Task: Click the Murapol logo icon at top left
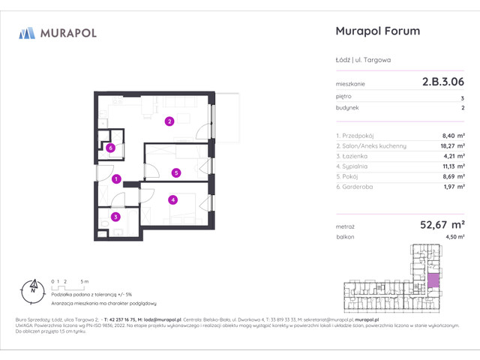(x=27, y=32)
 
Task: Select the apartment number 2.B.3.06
(x=442, y=84)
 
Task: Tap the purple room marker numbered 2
(x=170, y=121)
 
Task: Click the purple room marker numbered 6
(x=110, y=148)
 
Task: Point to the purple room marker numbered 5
(x=175, y=172)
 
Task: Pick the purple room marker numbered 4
(x=172, y=199)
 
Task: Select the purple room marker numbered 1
(x=116, y=179)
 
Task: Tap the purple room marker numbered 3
(x=115, y=217)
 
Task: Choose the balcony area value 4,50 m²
(x=452, y=236)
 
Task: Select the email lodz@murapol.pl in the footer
(x=165, y=318)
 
